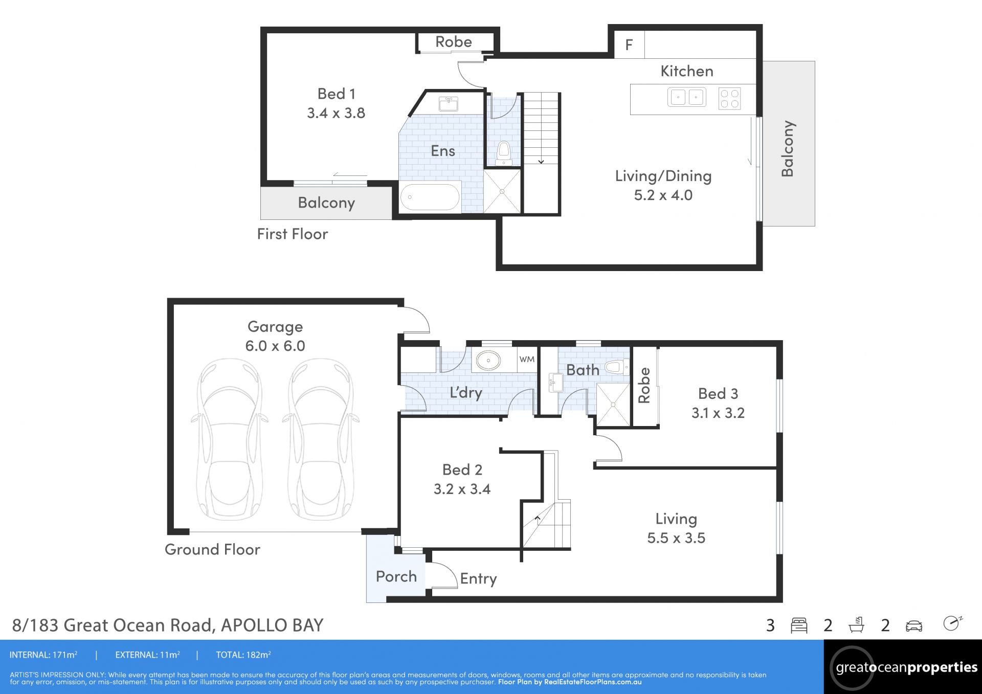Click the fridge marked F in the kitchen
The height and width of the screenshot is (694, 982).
pyautogui.click(x=629, y=44)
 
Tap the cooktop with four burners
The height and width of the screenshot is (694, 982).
pyautogui.click(x=729, y=99)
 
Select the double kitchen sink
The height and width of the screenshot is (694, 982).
pyautogui.click(x=687, y=97)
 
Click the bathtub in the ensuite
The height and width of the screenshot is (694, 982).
pyautogui.click(x=430, y=197)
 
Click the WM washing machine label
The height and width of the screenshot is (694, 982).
pyautogui.click(x=527, y=359)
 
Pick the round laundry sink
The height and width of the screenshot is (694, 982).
pyautogui.click(x=488, y=361)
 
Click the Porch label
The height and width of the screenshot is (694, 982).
pyautogui.click(x=396, y=576)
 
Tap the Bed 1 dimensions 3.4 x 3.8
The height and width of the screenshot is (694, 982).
pyautogui.click(x=336, y=113)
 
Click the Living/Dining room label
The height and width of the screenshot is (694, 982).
pyautogui.click(x=663, y=176)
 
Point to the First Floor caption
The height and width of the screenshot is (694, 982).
pyautogui.click(x=293, y=234)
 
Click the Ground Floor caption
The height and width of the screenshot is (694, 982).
pyautogui.click(x=212, y=549)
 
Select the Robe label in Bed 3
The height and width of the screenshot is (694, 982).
pyautogui.click(x=644, y=385)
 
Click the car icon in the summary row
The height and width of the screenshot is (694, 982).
pyautogui.click(x=914, y=626)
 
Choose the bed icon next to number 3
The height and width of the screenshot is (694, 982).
pyautogui.click(x=799, y=625)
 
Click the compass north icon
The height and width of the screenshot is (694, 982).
pyautogui.click(x=952, y=623)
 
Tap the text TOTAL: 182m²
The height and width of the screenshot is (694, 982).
pyautogui.click(x=243, y=655)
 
